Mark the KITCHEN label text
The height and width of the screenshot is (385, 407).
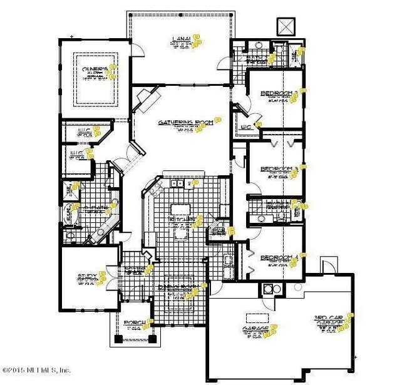click(182, 220)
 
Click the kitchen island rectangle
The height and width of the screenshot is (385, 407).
click(181, 210)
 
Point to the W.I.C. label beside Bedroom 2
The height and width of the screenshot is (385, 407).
click(247, 128)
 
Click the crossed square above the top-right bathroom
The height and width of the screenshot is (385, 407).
click(286, 26)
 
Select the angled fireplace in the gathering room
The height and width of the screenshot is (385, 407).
click(148, 98)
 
